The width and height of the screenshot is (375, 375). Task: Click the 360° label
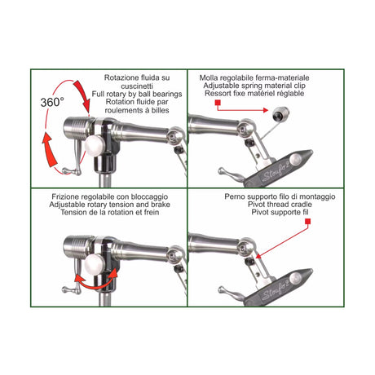pos(54,104)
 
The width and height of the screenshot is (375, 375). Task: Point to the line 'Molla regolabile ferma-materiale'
pos(262,76)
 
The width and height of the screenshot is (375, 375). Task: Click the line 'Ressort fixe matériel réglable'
pos(262,92)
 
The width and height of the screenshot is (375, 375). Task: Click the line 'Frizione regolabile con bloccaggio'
pos(109,196)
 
